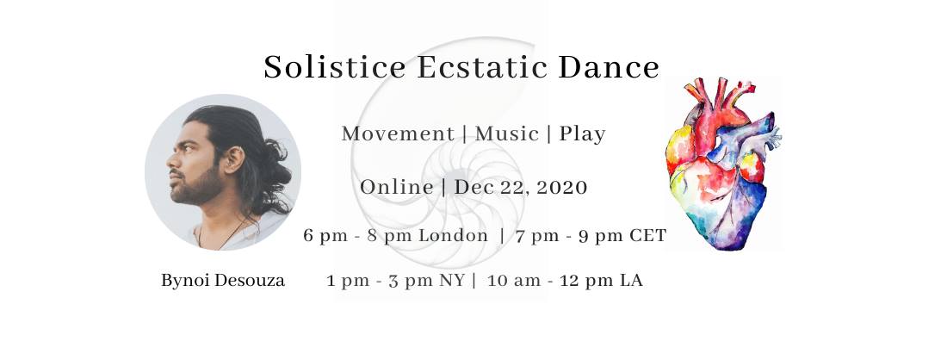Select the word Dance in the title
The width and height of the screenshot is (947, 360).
tap(608, 67)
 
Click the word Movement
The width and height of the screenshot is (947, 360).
tap(398, 133)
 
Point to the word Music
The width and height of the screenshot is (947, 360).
tap(507, 133)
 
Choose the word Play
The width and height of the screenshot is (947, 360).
tap(582, 134)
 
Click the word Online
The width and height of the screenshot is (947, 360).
tap(397, 187)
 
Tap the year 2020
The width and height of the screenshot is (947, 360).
tap(561, 187)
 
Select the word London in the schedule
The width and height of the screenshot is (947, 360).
tap(454, 236)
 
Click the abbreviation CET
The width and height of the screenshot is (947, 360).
tap(648, 236)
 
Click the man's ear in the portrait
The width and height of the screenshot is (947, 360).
tap(232, 159)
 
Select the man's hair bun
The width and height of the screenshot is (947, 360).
tap(269, 172)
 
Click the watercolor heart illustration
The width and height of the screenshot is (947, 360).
tap(723, 163)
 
